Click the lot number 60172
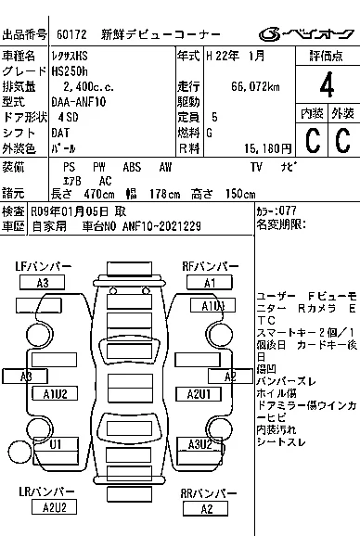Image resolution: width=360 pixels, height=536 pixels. click(75, 35)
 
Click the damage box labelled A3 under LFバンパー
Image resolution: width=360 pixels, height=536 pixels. click(43, 283)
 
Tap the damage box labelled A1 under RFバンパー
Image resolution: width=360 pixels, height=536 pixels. click(210, 283)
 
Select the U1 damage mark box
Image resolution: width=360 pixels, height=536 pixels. click(56, 445)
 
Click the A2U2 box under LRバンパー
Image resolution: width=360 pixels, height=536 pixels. click(54, 507)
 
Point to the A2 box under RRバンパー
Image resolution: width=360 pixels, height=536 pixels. click(208, 508)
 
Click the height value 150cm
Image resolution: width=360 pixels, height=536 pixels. click(237, 194)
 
